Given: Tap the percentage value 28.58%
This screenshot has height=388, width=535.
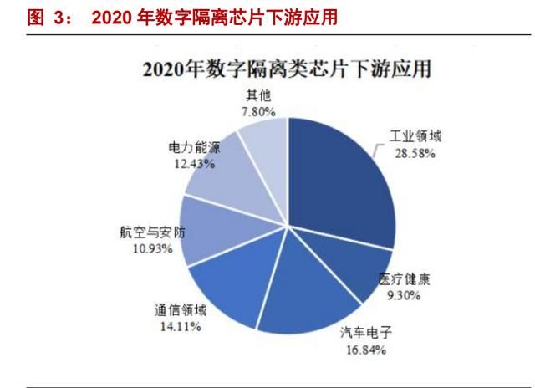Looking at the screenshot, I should click(415, 154).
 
